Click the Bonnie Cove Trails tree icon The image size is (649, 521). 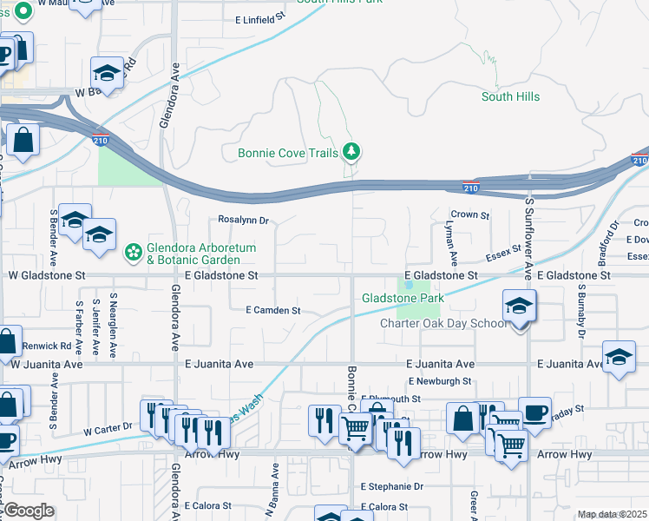[351, 153]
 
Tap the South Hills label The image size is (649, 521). [510, 97]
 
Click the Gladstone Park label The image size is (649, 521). [402, 299]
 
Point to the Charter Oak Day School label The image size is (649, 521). [443, 324]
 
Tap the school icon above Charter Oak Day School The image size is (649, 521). [520, 307]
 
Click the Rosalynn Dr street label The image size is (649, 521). [244, 221]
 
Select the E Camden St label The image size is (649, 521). [272, 310]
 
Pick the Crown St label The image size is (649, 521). [470, 214]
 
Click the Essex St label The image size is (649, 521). [503, 252]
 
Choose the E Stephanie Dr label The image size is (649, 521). [394, 487]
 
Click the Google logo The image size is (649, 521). [29, 511]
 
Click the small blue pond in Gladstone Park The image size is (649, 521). [408, 284]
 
